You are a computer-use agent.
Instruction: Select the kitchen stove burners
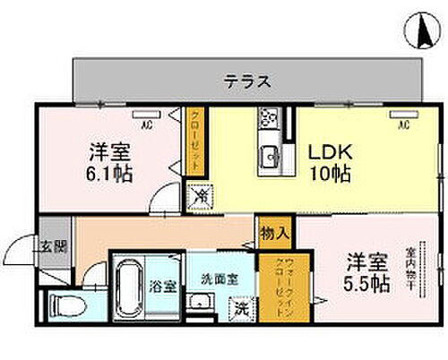(267, 118)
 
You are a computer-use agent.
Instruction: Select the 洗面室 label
(218, 279)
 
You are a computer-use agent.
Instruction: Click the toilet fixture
(68, 305)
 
